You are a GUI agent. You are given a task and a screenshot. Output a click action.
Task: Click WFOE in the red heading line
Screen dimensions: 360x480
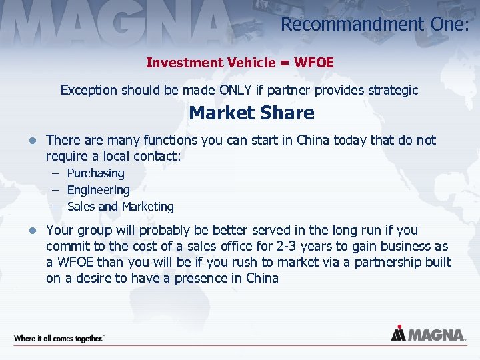point(313,63)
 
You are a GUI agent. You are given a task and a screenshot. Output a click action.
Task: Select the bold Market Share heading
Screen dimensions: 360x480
point(251,113)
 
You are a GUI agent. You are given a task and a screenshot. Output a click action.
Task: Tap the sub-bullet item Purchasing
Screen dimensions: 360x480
point(95,173)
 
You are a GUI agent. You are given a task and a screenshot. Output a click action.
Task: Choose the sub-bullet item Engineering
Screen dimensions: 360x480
point(98,190)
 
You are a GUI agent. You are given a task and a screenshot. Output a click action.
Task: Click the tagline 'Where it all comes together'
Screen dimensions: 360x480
point(59,338)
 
